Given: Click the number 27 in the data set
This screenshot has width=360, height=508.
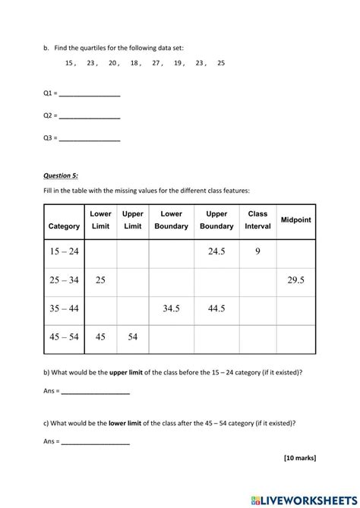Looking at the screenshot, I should [x=156, y=64].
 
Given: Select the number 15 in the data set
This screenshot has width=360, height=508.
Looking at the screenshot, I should [x=70, y=64].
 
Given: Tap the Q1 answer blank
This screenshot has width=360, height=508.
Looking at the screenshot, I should [x=90, y=95].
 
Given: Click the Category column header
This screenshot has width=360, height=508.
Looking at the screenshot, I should [x=64, y=226].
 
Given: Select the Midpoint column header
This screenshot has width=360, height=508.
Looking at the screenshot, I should [x=296, y=219].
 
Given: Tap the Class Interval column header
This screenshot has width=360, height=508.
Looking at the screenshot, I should [x=257, y=219].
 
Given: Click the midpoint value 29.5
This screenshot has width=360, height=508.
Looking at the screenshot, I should [x=296, y=280].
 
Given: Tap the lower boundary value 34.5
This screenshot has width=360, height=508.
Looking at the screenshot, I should [x=171, y=308].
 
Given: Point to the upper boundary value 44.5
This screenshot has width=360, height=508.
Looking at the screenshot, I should [x=217, y=308].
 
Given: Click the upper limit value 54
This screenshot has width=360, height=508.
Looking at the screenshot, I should [x=133, y=337].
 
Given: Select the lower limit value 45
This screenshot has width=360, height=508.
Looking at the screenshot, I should [x=100, y=337].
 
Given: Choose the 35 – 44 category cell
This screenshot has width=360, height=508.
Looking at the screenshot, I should [x=64, y=308].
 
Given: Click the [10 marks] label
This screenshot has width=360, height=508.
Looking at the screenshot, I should [x=300, y=458].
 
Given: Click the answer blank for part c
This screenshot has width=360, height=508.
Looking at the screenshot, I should [x=95, y=442].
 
